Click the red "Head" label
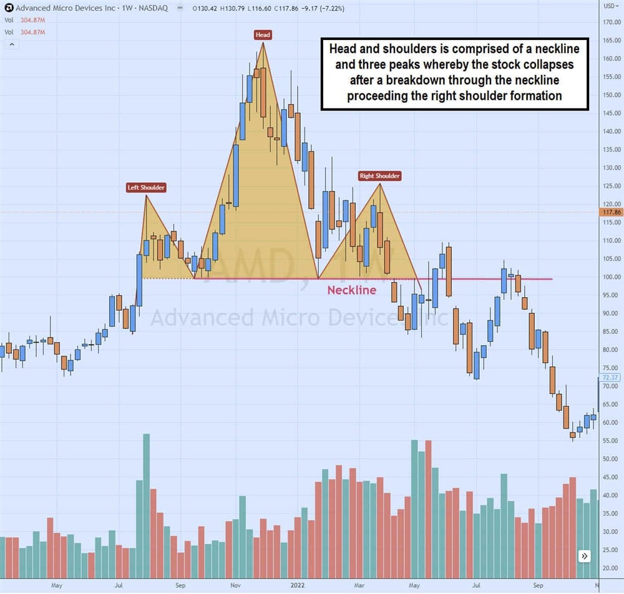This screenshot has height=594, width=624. click(263, 35)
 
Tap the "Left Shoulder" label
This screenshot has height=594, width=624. click(147, 188)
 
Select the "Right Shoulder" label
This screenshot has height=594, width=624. click(379, 176)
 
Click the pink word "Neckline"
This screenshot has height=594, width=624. click(352, 290)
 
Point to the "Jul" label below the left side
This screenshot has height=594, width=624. click(119, 586)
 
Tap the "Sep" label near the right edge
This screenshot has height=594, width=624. click(538, 586)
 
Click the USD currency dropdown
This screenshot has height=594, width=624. click(610, 7)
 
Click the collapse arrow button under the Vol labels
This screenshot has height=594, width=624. click(12, 44)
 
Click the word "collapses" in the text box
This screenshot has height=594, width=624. click(549, 64)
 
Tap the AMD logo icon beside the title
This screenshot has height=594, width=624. click(8, 8)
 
